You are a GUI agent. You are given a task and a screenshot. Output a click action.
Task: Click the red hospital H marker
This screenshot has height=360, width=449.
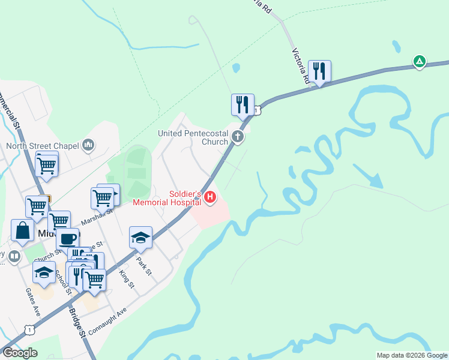209,196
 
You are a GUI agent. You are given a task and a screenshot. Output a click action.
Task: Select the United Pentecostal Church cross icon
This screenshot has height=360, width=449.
238,137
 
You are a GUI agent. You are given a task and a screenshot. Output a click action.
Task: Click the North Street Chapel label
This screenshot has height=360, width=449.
43,145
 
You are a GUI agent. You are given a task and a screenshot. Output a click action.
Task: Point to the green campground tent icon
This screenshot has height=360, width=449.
420,61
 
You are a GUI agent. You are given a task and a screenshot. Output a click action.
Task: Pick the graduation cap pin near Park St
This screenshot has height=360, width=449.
140,238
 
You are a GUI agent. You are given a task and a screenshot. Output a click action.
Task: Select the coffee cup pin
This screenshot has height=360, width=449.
68,238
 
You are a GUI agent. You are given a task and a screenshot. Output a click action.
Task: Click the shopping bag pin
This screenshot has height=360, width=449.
22,231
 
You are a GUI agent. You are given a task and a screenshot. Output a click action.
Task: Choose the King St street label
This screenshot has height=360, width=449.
126,278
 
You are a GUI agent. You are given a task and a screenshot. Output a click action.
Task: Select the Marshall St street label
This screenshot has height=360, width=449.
97,217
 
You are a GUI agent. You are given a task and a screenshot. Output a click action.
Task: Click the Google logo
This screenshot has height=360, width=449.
19,353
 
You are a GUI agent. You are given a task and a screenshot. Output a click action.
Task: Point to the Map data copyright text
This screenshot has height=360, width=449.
411,355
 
